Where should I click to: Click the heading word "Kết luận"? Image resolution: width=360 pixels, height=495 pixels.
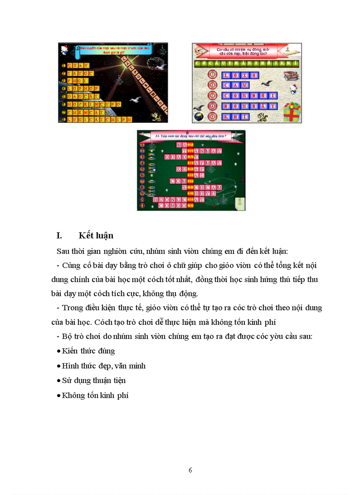pyautogui.click(x=96, y=236)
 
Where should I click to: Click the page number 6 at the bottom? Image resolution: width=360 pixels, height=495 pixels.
pyautogui.click(x=190, y=469)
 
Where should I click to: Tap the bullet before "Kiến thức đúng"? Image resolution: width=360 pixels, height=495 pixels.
pyautogui.click(x=59, y=351)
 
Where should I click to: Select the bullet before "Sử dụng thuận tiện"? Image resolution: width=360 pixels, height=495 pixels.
pyautogui.click(x=59, y=380)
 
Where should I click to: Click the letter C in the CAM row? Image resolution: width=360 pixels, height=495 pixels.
pyautogui.click(x=226, y=85)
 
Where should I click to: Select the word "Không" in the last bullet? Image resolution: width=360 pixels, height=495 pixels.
pyautogui.click(x=73, y=395)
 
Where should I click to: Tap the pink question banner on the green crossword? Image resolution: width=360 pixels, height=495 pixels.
pyautogui.click(x=191, y=137)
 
